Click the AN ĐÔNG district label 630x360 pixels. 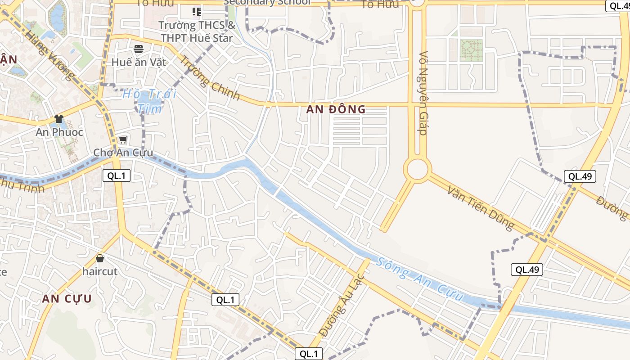click(336, 109)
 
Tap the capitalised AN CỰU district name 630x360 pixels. click(67, 299)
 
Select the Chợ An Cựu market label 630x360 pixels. click(123, 153)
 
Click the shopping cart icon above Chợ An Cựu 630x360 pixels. click(123, 140)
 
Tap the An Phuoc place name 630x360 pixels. click(59, 132)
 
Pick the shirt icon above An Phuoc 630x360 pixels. click(59, 119)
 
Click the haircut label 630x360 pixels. click(99, 272)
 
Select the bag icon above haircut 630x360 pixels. click(100, 258)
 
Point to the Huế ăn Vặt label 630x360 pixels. click(139, 62)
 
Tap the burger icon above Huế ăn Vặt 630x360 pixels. click(139, 49)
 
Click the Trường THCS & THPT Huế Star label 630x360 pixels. click(197, 31)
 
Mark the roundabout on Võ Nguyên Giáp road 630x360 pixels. click(418, 170)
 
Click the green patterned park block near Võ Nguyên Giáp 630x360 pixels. click(471, 49)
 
